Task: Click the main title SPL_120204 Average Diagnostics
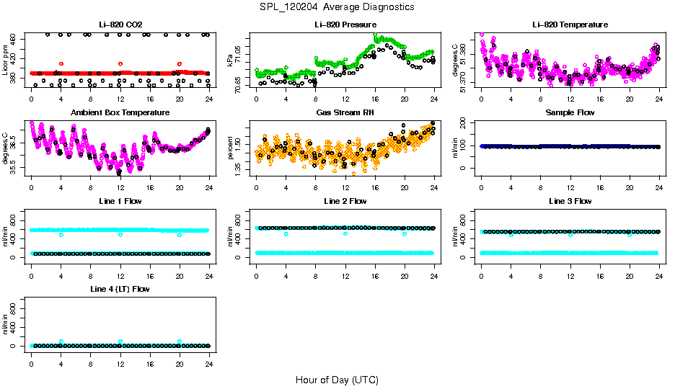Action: click(x=337, y=6)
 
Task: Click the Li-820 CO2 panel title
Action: click(x=120, y=24)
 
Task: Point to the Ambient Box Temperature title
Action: click(x=120, y=112)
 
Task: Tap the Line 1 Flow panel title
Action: click(x=120, y=201)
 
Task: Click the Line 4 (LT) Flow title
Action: click(x=120, y=289)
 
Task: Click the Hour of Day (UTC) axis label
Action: click(x=337, y=379)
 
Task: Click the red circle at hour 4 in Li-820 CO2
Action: click(x=61, y=64)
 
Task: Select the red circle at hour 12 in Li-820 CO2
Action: click(x=120, y=64)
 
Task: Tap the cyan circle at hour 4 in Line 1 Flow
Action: click(x=61, y=235)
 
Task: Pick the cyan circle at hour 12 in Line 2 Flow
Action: click(x=345, y=234)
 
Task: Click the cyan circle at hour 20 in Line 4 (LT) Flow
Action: click(x=180, y=341)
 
